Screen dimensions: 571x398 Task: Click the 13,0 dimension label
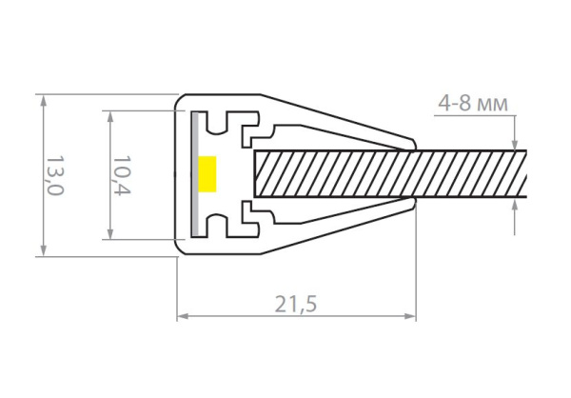pos(56,176)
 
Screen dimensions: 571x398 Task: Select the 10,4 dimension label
pos(122,176)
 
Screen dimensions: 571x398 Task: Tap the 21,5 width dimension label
pos(296,305)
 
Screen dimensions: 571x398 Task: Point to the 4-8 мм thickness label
pos(473,104)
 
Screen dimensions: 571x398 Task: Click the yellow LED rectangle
pos(207,174)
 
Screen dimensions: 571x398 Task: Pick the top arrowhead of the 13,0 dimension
pos(44,101)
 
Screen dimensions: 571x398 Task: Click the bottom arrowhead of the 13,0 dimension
pos(44,250)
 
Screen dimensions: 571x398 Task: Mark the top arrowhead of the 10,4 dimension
pos(110,116)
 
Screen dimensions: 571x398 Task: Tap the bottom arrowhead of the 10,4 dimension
pos(110,233)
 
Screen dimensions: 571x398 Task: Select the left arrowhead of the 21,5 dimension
pos(183,316)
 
